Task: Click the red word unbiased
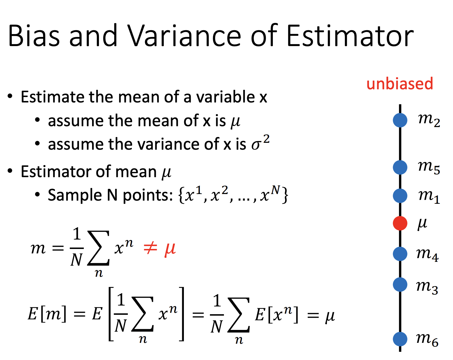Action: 400,84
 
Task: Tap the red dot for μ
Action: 400,223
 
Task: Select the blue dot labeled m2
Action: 400,120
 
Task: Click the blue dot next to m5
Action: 400,167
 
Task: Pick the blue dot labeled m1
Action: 400,196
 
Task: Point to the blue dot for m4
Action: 400,254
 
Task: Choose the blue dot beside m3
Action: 400,284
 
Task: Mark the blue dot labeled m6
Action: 400,339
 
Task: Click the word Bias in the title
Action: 34,35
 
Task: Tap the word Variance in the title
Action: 184,35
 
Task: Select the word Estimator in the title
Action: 350,35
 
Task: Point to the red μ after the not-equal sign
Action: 170,249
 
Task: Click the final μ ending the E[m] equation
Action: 330,316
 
